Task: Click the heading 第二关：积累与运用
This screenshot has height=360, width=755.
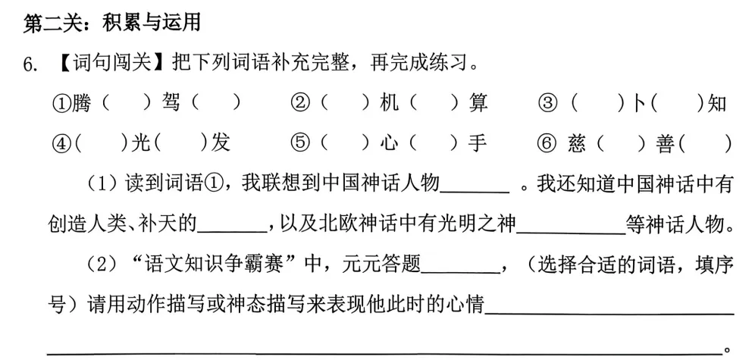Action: pos(113,23)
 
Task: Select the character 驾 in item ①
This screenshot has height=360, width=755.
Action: pos(171,103)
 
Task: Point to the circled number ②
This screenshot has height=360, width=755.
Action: pos(301,104)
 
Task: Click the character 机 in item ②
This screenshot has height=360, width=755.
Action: pos(389,103)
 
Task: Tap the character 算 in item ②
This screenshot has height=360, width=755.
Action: pos(478,103)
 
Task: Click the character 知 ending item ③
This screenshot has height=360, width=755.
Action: pos(716,103)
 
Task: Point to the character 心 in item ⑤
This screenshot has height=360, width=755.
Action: pos(389,143)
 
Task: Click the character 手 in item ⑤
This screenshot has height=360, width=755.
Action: pos(478,143)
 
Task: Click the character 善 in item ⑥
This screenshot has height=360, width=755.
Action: pos(664,143)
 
